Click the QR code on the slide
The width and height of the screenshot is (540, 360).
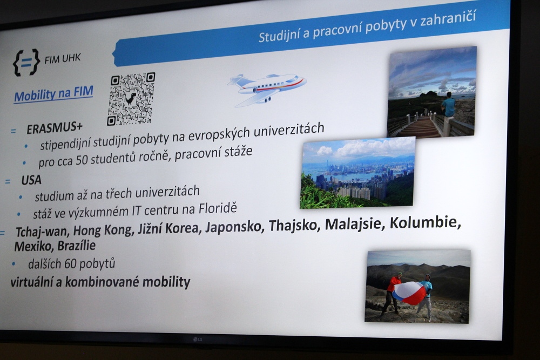pos(131,99)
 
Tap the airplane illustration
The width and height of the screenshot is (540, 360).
pos(267,90)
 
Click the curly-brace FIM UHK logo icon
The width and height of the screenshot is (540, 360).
pos(26,62)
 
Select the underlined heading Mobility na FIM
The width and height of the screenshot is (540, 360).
pos(53,94)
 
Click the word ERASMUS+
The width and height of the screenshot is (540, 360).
pos(55,128)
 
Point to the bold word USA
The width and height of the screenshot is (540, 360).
pos(31,180)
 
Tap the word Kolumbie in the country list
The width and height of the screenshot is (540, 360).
pos(425,222)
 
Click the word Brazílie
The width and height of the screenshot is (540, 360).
pos(77,246)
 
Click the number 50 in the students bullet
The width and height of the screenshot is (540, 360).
pos(82,160)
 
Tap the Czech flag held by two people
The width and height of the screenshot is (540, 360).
pos(409,293)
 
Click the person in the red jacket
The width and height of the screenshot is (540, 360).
pos(391,294)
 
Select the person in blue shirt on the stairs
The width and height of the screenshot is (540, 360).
pos(448,105)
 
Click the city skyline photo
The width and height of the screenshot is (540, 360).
pos(357,173)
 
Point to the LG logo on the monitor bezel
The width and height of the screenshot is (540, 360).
pos(197,339)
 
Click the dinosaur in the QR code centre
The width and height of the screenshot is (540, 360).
pos(131,98)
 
